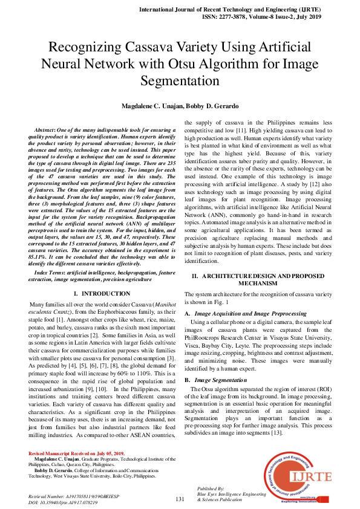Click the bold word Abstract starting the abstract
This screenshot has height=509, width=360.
click(x=47, y=131)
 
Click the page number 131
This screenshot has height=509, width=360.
click(x=180, y=499)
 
